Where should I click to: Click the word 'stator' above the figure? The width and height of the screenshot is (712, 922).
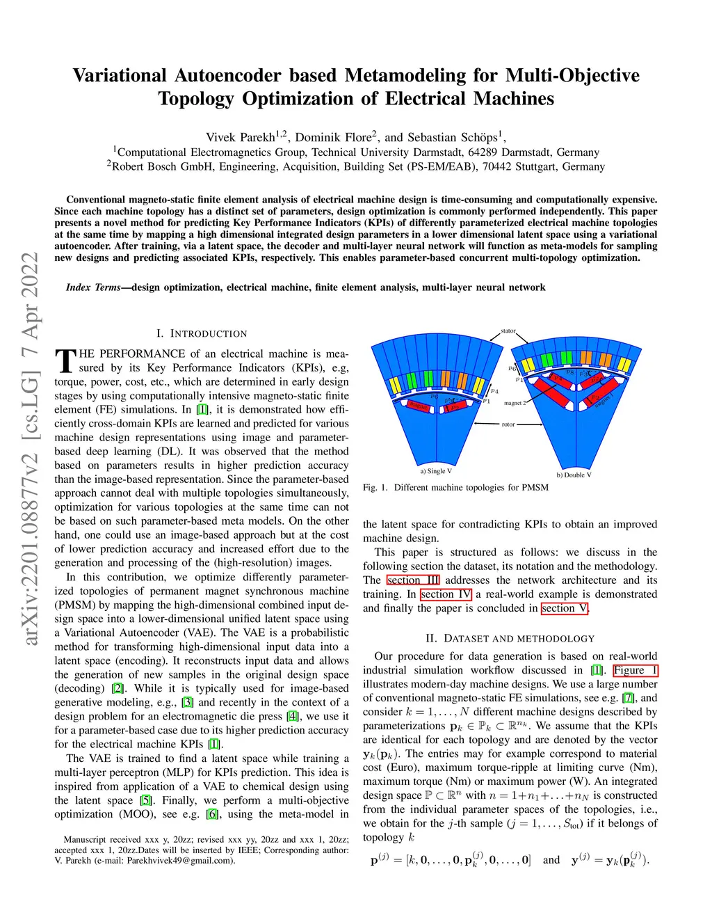(508, 331)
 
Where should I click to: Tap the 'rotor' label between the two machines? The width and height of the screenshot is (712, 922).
(508, 424)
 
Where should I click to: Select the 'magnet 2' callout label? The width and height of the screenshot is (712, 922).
(515, 403)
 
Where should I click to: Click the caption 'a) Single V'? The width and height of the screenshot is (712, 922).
(436, 471)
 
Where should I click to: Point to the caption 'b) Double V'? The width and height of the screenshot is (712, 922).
(574, 475)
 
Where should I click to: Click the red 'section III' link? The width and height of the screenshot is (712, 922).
(413, 580)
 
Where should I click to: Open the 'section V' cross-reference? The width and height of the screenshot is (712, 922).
(565, 608)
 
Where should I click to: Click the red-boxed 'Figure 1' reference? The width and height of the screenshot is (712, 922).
(635, 670)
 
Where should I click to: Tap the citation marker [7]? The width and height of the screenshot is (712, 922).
(629, 698)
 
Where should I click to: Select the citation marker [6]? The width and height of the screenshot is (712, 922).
(212, 814)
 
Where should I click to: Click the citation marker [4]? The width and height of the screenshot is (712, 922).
(293, 716)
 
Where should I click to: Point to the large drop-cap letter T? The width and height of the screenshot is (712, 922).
(65, 361)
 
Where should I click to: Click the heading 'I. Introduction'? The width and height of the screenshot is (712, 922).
(202, 333)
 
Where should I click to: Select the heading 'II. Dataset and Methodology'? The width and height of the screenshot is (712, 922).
(510, 638)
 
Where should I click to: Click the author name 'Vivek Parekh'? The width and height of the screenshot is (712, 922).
(241, 137)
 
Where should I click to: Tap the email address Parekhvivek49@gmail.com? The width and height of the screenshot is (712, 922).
(180, 860)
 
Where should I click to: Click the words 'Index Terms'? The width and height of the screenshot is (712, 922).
(93, 287)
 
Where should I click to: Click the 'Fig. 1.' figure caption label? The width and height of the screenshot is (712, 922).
(374, 487)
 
